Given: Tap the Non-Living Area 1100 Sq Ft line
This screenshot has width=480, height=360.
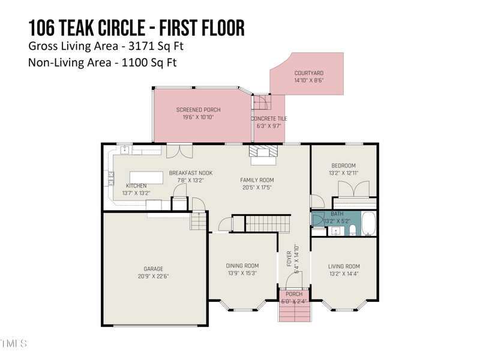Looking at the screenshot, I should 103,62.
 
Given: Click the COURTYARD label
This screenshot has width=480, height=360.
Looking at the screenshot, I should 308,73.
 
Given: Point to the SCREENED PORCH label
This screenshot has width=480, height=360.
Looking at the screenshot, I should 198,110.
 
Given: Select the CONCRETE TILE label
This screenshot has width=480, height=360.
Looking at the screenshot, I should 269,119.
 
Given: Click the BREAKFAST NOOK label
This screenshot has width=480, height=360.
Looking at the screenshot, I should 190,173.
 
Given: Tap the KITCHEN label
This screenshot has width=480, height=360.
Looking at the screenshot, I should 136,186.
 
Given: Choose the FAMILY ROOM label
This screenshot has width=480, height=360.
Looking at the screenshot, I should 257,180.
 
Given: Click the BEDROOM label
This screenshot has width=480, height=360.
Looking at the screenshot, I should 343,166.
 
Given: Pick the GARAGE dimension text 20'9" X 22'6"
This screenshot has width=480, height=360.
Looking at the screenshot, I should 153,277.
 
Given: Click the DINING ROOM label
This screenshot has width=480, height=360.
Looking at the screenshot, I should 242,266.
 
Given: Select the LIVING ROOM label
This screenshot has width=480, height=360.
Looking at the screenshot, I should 344,266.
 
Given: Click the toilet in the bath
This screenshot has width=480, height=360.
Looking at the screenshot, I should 352,230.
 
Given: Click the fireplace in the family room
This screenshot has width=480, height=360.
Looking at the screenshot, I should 263,154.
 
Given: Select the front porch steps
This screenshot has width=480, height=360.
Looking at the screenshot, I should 294,311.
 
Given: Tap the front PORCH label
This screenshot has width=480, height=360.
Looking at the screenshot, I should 294,294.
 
